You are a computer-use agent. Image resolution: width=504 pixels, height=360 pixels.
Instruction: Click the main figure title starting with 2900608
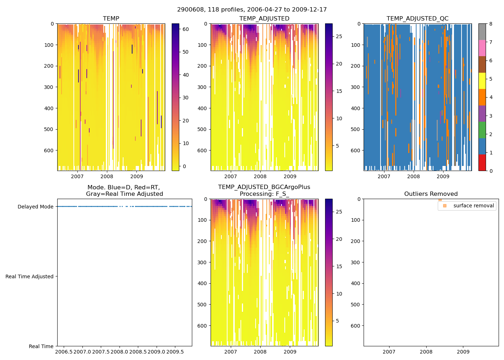252,10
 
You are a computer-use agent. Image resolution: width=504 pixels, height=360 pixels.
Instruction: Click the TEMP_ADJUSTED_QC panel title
417,19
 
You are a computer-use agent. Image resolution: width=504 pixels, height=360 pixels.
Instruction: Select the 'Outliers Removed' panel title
431,194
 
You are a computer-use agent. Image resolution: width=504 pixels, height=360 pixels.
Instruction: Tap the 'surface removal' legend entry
473,206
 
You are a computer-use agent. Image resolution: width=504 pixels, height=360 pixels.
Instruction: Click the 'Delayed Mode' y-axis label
35,207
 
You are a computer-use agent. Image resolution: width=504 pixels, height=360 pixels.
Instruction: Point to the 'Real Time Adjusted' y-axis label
29,276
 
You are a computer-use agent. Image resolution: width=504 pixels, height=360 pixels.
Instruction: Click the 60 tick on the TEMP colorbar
186,29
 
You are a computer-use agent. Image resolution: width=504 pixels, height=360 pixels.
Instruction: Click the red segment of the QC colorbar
482,163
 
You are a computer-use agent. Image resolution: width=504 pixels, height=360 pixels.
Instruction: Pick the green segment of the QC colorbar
482,130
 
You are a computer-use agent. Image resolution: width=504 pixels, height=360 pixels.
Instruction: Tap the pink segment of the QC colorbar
482,48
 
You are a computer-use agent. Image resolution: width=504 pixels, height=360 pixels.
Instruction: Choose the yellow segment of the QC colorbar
482,81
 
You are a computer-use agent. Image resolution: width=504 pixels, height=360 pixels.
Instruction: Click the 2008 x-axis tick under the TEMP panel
107,176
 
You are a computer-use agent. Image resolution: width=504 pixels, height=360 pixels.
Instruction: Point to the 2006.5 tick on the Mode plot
64,351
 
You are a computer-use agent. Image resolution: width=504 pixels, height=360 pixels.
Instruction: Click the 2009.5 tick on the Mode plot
175,351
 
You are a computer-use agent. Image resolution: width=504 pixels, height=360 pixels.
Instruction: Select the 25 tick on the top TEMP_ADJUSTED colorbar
339,36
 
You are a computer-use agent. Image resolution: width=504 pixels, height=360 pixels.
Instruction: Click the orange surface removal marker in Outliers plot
440,199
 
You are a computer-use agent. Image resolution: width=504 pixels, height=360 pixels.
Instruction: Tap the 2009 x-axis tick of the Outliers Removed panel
463,352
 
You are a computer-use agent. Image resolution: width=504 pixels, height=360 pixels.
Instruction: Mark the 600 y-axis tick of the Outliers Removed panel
356,326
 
